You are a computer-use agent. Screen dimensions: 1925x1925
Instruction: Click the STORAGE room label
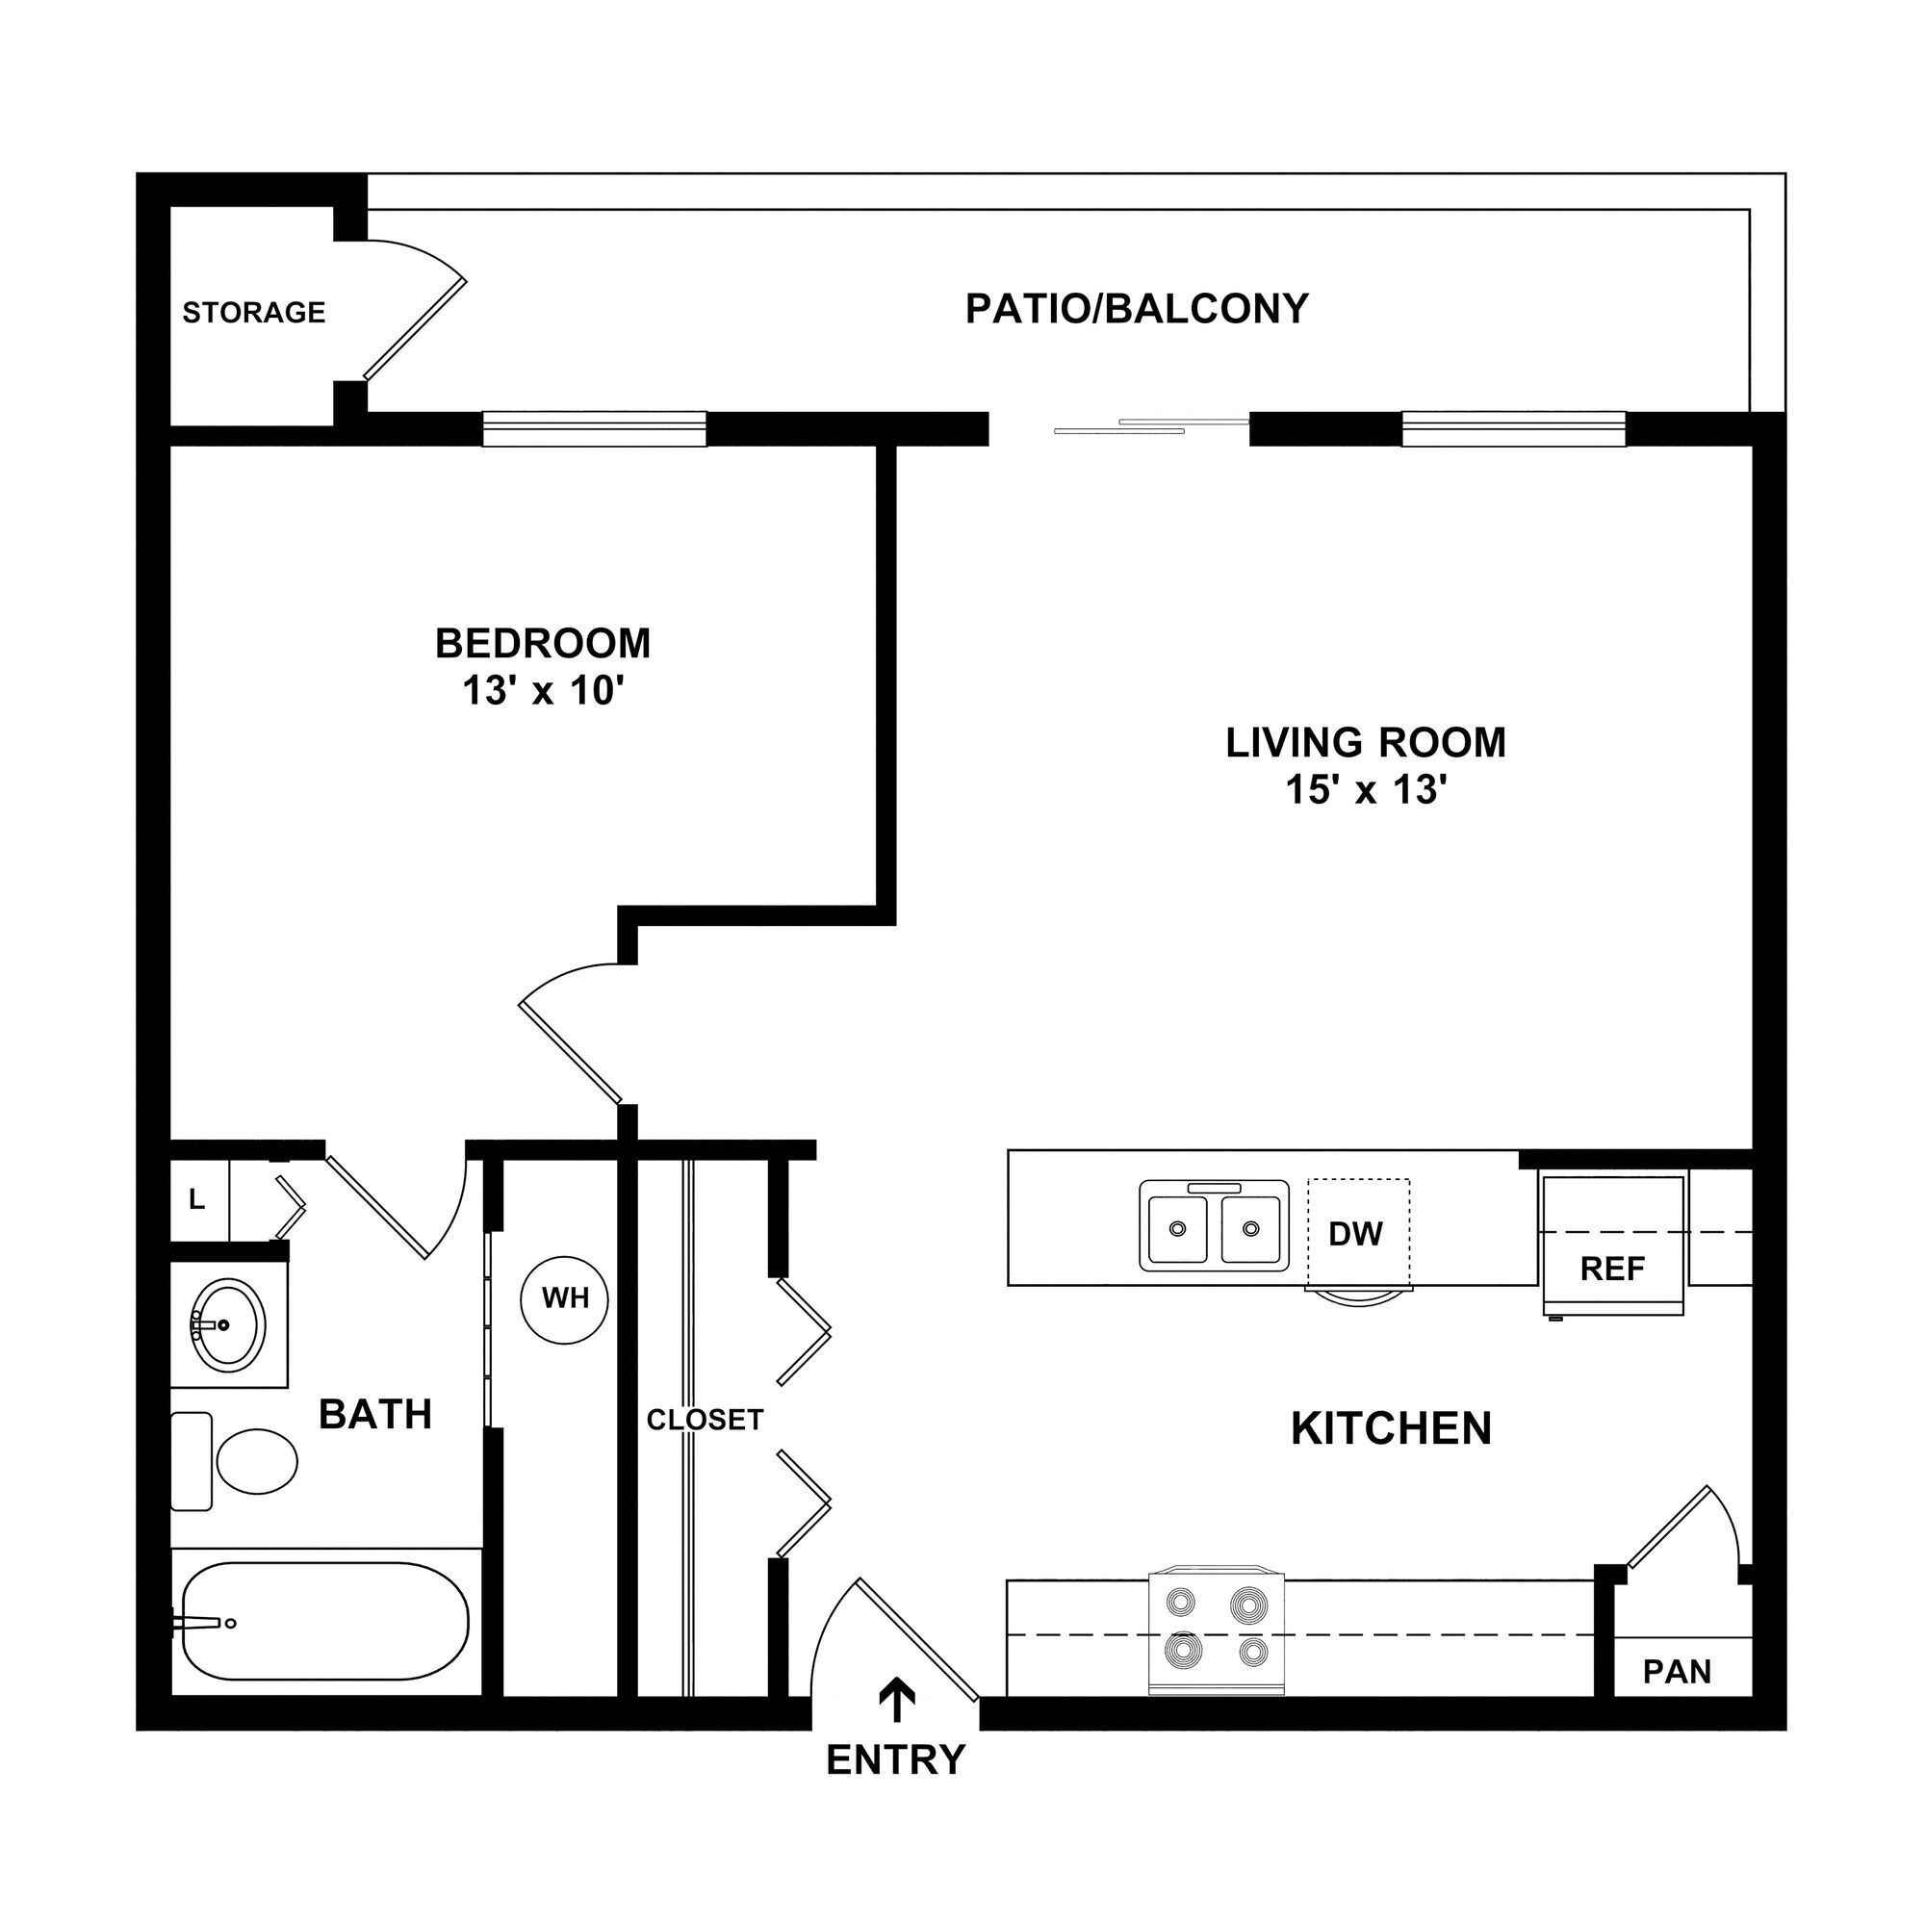coord(253,313)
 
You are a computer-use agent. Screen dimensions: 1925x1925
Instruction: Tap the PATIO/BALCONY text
coord(1136,309)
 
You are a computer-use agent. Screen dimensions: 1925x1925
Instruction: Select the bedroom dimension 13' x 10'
coord(542,690)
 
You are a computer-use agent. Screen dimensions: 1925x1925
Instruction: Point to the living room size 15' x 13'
coord(1365,790)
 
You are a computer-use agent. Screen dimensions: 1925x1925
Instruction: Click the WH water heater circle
coord(565,1298)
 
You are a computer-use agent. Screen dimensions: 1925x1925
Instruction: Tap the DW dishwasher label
coord(1356,1235)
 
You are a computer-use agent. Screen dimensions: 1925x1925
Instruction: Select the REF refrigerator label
coord(1612,1269)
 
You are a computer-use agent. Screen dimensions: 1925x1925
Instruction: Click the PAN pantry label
coord(1677,1671)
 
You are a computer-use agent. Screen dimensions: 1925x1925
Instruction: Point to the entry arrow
coord(897,1699)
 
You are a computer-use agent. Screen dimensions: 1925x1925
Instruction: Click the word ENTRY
coord(896,1760)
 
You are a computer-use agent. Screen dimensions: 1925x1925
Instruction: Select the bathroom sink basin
coord(228,1324)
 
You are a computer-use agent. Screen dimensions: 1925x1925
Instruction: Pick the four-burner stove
coord(1217,1630)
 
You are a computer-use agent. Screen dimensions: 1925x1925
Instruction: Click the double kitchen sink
coord(1214,1227)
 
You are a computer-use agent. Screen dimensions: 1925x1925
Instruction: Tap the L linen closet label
coord(197,1200)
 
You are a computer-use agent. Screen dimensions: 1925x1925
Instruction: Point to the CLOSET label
coord(705,1420)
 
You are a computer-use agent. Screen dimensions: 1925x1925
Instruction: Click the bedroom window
coord(594,428)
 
